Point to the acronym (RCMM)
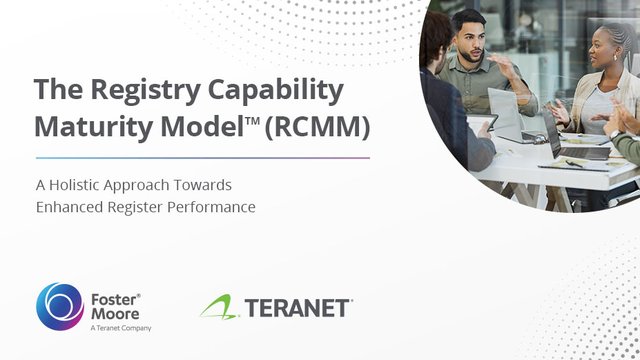(317, 127)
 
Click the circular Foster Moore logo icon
(59, 307)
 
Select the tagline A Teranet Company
(121, 328)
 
